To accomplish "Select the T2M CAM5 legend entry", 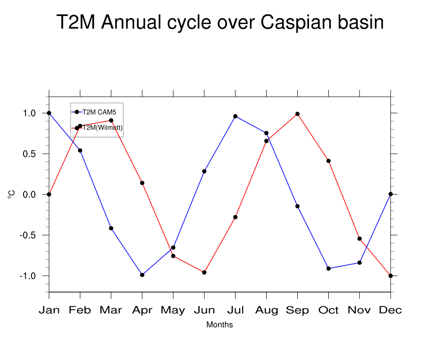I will click(96, 112).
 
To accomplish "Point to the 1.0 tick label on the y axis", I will click(30, 113).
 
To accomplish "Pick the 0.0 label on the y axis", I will click(30, 195).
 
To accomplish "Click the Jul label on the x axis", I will click(235, 310).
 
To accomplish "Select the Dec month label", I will click(390, 310).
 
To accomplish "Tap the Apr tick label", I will click(142, 310).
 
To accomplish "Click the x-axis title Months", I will click(220, 325).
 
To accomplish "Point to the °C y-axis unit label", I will click(11, 194).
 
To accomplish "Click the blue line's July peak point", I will click(235, 116).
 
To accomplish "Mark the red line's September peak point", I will click(297, 114).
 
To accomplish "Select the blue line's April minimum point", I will click(142, 275).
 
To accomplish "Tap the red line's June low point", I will click(204, 272).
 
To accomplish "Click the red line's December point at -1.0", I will click(390, 276).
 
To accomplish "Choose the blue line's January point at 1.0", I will click(49, 113).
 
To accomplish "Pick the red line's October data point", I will click(328, 161).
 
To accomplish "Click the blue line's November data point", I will click(359, 262).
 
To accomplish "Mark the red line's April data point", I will click(142, 183).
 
